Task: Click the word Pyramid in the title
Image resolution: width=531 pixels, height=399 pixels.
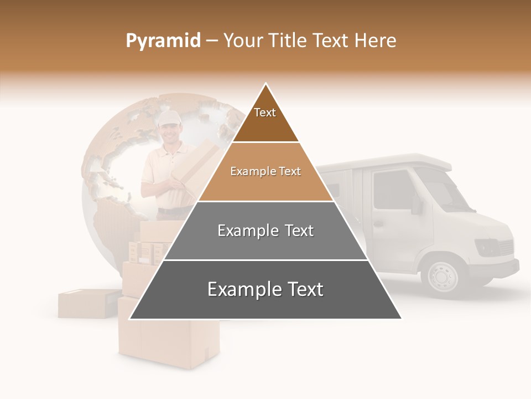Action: (x=163, y=41)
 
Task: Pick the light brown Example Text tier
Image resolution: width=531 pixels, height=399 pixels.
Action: (x=265, y=172)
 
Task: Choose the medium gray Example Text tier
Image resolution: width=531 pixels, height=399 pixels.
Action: (x=265, y=231)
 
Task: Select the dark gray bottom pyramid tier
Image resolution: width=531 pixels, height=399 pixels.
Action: (x=265, y=290)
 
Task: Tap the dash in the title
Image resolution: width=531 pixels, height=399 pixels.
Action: (x=212, y=41)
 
